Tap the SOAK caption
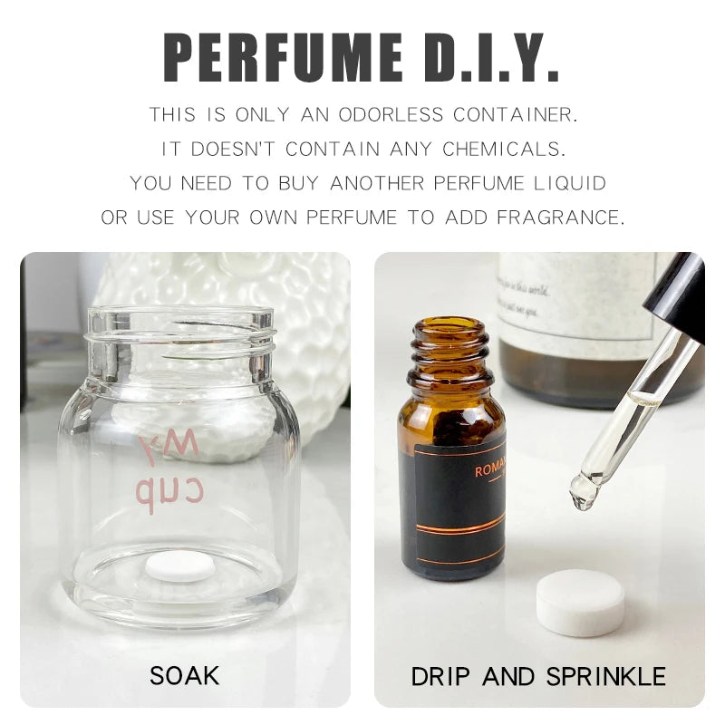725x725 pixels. click(x=184, y=675)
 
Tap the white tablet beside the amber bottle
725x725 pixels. click(x=581, y=601)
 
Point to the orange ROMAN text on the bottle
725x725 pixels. click(x=489, y=471)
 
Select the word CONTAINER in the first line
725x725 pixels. click(x=516, y=116)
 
